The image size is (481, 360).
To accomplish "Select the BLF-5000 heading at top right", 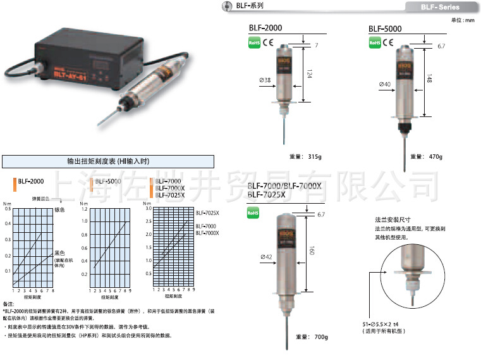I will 385,28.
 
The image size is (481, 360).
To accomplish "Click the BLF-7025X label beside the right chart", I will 207,214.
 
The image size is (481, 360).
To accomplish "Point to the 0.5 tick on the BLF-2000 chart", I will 8,208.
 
